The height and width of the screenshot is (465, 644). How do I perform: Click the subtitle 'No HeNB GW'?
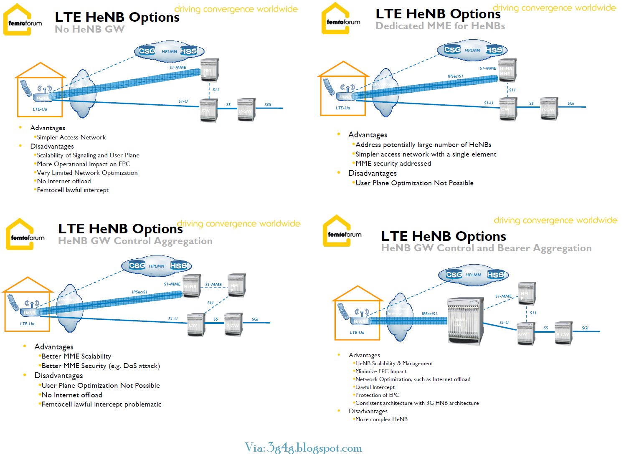coord(89,29)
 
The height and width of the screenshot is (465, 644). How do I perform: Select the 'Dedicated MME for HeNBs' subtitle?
coord(440,26)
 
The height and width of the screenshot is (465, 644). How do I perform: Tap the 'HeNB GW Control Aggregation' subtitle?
coord(135,241)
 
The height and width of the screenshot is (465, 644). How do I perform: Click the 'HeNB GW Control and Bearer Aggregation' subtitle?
coord(486,248)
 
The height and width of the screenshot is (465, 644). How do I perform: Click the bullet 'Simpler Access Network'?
coord(71,137)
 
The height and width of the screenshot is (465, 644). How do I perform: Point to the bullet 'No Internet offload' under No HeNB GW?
coord(63,181)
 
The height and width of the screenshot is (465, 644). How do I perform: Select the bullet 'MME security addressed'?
coord(393,164)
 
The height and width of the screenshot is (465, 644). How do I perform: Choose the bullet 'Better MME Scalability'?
coord(76,356)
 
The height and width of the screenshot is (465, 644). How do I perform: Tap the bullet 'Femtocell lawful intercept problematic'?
coord(101,404)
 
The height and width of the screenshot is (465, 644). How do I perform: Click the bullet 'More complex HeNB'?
coord(381,420)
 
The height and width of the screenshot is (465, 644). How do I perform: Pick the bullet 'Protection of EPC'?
coord(377,395)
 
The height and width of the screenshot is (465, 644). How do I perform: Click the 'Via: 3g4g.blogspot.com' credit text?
coord(304,448)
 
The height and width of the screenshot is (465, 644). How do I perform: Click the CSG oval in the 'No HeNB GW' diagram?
coord(147,51)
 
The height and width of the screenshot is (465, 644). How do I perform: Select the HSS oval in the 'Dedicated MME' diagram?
coord(494,50)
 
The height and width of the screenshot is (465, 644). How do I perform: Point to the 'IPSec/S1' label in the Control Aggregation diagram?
coord(139,292)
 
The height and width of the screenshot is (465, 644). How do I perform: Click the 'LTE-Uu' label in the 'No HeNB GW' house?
coord(40,109)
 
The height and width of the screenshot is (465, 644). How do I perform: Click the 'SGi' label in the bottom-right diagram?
coord(585,328)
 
